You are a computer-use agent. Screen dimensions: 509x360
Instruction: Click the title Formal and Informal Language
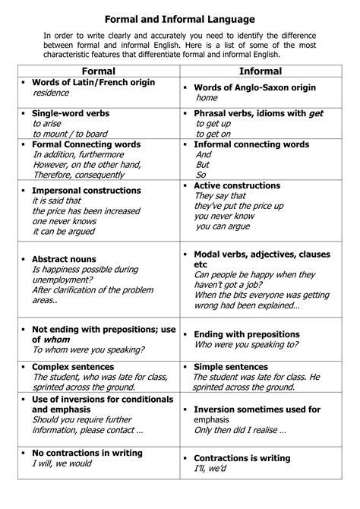point(179,18)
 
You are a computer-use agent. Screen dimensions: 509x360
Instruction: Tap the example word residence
point(51,93)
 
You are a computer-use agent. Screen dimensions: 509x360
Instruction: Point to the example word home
point(207,98)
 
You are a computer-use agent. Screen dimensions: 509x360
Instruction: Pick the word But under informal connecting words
point(203,164)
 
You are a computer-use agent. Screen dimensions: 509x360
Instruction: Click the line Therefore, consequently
point(84,174)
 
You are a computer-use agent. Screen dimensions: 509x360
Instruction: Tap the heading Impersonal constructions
point(86,191)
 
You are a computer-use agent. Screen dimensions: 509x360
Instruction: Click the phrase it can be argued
point(64,231)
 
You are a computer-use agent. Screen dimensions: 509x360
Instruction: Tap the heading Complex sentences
point(72,367)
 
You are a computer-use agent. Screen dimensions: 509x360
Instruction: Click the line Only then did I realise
point(239,431)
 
